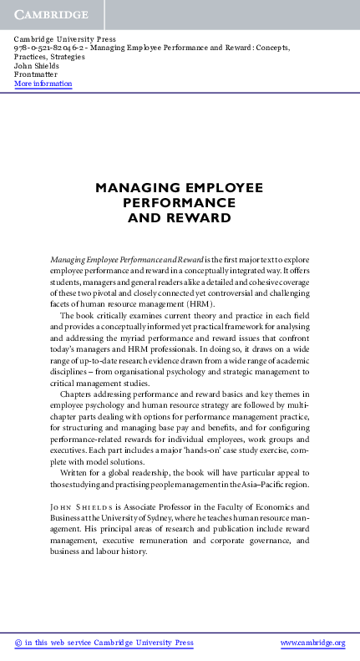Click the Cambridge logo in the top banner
click(x=50, y=15)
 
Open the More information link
click(x=43, y=84)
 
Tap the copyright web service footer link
click(x=104, y=643)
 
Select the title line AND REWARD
click(x=179, y=218)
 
